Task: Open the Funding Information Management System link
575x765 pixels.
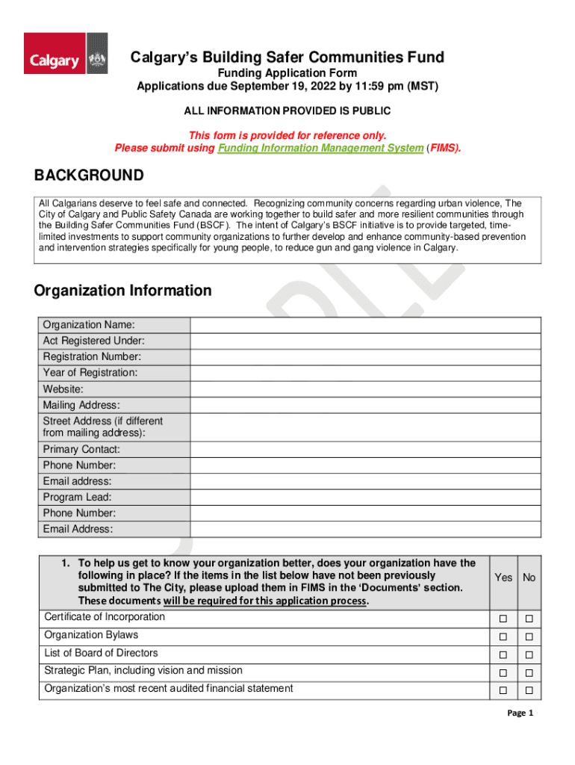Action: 320,148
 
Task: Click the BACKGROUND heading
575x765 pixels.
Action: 89,176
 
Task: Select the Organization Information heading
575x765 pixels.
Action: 122,290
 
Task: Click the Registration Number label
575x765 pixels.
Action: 92,357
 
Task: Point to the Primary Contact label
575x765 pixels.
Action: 81,450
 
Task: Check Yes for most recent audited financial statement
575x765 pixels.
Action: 503,690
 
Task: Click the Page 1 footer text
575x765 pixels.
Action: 520,713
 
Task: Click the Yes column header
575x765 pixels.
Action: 503,577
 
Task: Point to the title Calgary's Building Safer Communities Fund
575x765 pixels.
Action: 287,58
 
